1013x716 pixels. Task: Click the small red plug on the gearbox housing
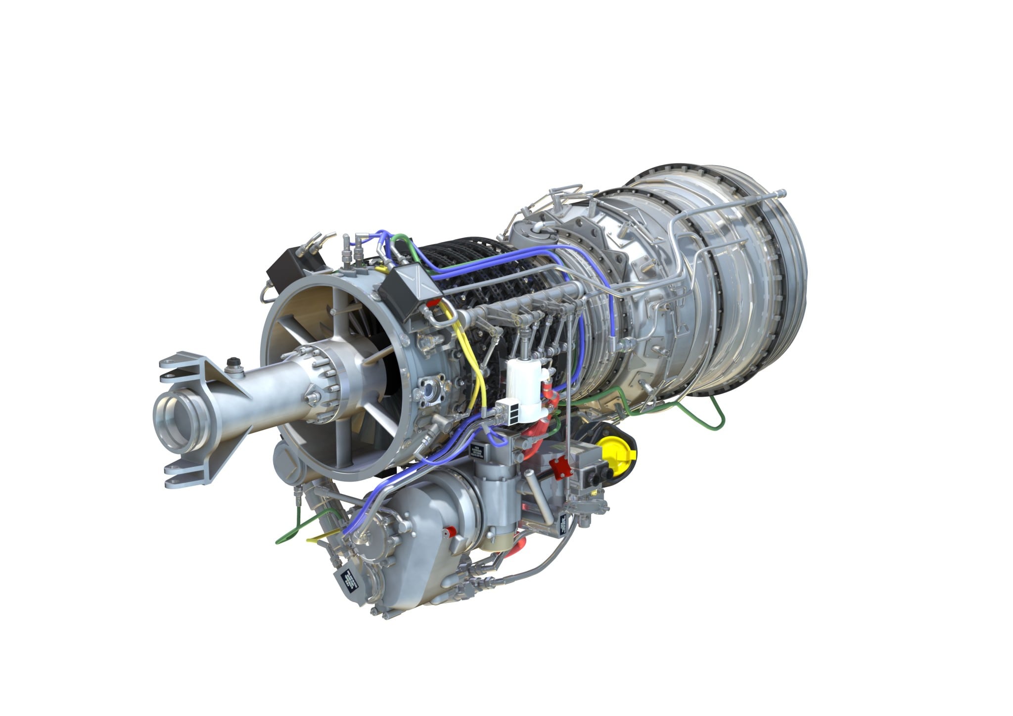click(448, 531)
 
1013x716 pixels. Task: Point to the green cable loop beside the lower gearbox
click(292, 532)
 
